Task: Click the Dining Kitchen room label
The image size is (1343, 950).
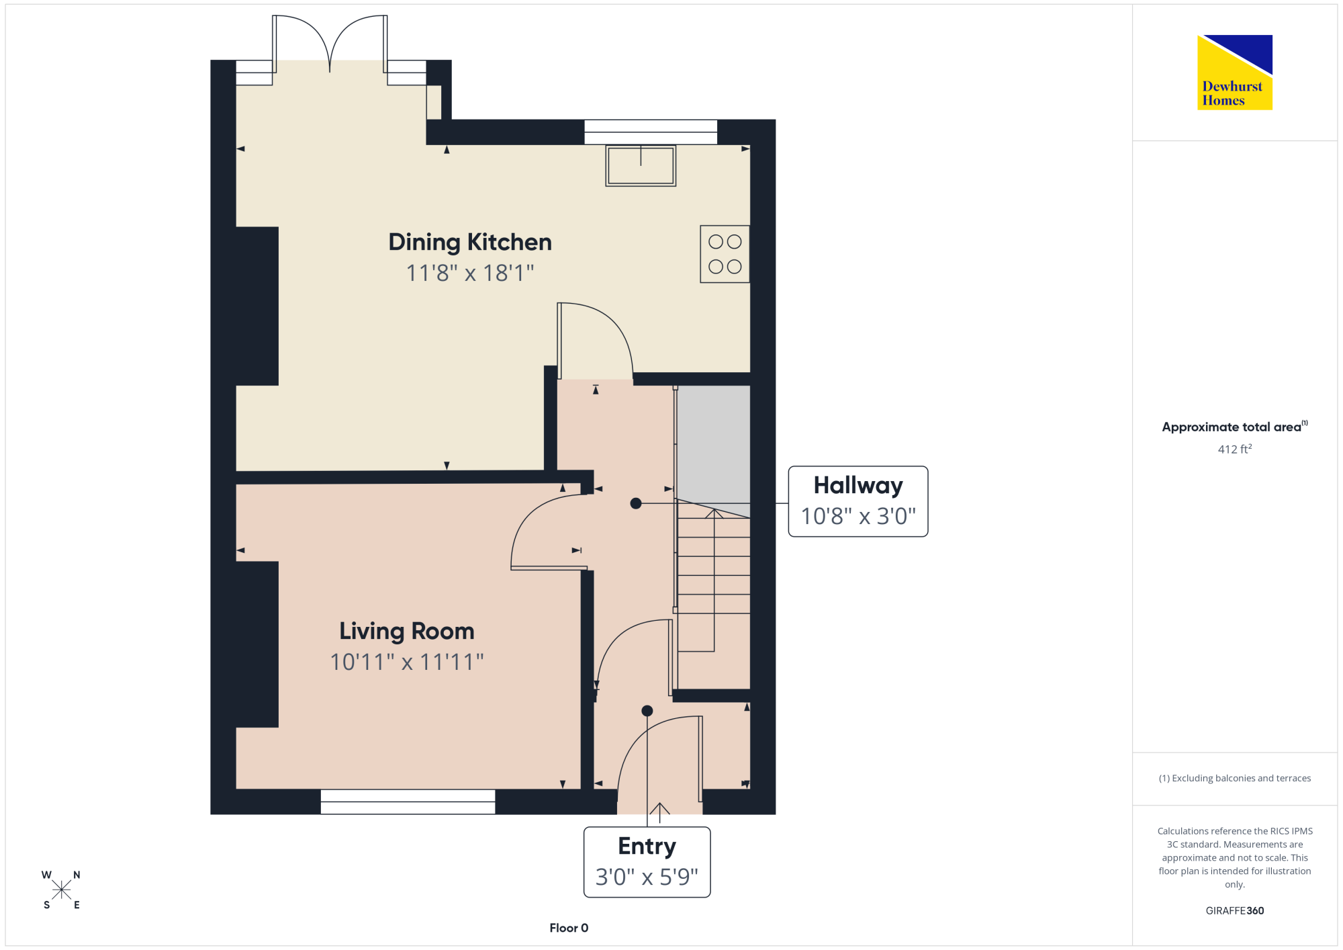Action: click(x=470, y=243)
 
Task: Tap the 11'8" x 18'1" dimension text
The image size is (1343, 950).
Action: click(x=470, y=273)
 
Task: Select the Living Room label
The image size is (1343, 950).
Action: click(x=407, y=632)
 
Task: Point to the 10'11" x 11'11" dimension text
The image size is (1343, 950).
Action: click(x=407, y=662)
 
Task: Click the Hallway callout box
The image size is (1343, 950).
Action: click(x=858, y=501)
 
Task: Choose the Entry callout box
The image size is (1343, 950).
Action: click(x=647, y=862)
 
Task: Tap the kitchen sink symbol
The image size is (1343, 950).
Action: click(x=641, y=165)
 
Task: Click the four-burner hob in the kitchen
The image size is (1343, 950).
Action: click(x=725, y=254)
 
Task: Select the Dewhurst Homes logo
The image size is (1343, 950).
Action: click(x=1235, y=73)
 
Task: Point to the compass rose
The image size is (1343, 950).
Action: click(x=61, y=890)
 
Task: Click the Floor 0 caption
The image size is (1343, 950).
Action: click(x=569, y=928)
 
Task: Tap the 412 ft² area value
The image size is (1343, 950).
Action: click(x=1235, y=449)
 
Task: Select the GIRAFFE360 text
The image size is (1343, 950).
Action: click(x=1235, y=911)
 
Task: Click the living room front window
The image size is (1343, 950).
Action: click(x=408, y=802)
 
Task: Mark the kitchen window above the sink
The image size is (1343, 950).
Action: click(x=651, y=132)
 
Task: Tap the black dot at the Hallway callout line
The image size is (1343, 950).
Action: click(x=636, y=503)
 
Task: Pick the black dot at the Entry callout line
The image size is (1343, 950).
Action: click(x=647, y=711)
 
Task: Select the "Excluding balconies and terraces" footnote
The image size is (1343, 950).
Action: click(x=1235, y=778)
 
